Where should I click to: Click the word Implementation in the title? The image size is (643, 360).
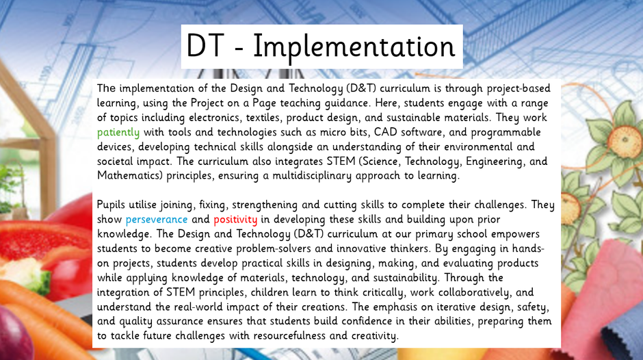click(x=354, y=47)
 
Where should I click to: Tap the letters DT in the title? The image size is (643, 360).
click(x=205, y=46)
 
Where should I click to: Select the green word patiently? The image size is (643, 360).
click(x=118, y=133)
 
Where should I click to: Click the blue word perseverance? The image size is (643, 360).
click(x=156, y=220)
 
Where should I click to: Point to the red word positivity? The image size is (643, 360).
click(x=235, y=220)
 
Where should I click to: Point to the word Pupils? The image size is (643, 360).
click(x=111, y=205)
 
